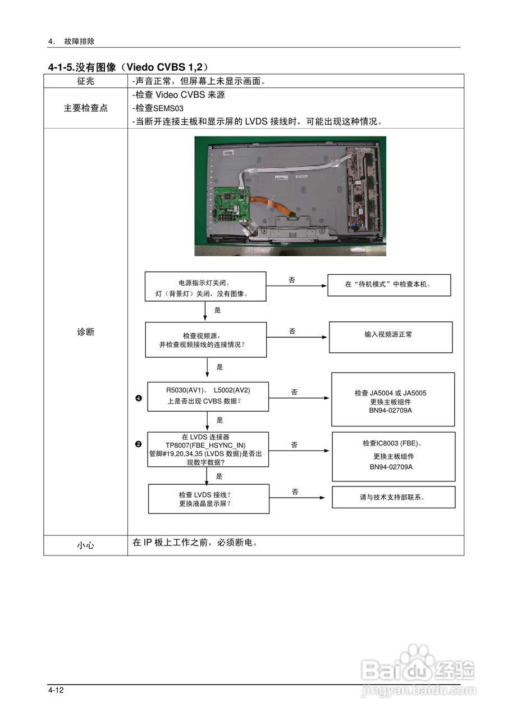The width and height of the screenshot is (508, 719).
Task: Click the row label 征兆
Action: coord(85,81)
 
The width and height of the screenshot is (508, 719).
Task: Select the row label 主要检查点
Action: coord(85,108)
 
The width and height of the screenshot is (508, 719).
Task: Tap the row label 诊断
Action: coord(85,332)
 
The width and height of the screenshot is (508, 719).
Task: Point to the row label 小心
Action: coord(85,545)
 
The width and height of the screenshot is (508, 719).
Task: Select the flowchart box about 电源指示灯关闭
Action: coord(205,286)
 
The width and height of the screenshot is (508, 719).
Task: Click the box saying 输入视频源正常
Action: coord(390,337)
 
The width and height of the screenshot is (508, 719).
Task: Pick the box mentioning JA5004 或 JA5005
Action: coord(392,399)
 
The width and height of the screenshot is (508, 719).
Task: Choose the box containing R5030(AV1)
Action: coord(208,396)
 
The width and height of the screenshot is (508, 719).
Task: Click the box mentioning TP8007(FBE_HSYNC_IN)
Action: coord(208,449)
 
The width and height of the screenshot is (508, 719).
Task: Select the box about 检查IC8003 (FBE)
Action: coord(393,456)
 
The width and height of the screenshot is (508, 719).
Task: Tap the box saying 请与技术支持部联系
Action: coord(393,497)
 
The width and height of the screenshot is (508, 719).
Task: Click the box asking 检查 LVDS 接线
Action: coord(208,499)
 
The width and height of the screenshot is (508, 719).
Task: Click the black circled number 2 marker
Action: coord(138,444)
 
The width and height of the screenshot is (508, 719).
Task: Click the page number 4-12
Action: coord(57,690)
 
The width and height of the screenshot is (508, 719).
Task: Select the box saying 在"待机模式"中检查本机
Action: coord(390,284)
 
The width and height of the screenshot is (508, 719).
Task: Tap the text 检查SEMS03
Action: coord(160,108)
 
